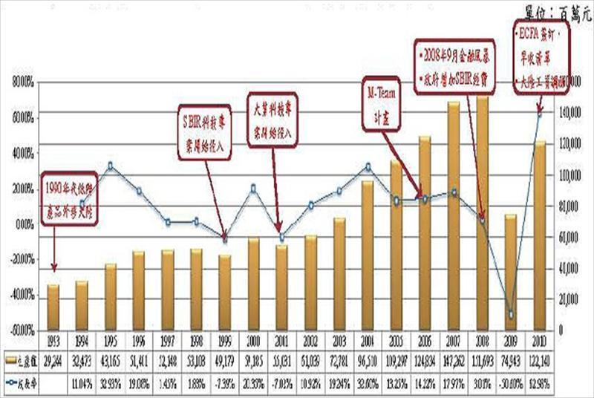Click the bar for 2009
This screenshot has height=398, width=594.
click(x=510, y=271)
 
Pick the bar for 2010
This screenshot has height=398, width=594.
click(x=539, y=234)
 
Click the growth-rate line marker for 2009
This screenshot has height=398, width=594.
click(x=510, y=316)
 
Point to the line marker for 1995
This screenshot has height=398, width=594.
click(x=111, y=166)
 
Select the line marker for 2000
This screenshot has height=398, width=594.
click(x=253, y=188)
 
